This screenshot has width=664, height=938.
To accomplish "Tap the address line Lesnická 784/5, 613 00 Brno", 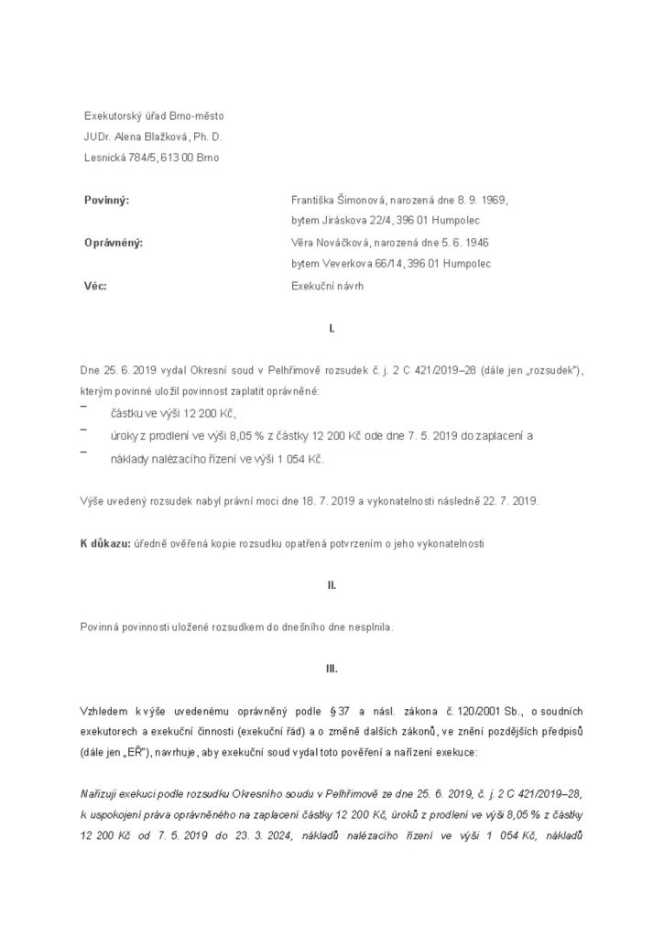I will point(151,158).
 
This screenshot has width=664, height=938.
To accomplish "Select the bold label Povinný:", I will point(106,200).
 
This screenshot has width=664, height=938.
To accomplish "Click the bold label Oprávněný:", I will point(114,243).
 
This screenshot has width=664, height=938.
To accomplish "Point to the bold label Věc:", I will point(95,286).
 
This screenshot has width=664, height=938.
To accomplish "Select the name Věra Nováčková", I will point(331,243).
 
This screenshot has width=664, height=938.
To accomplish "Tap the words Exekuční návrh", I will point(327,286).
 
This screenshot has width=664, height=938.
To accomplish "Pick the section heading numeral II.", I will point(332,584).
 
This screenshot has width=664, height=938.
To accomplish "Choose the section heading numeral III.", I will point(332,669).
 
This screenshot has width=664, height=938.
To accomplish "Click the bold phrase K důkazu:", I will point(106,543).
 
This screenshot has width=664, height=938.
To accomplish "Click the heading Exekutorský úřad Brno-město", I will point(154,116).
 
